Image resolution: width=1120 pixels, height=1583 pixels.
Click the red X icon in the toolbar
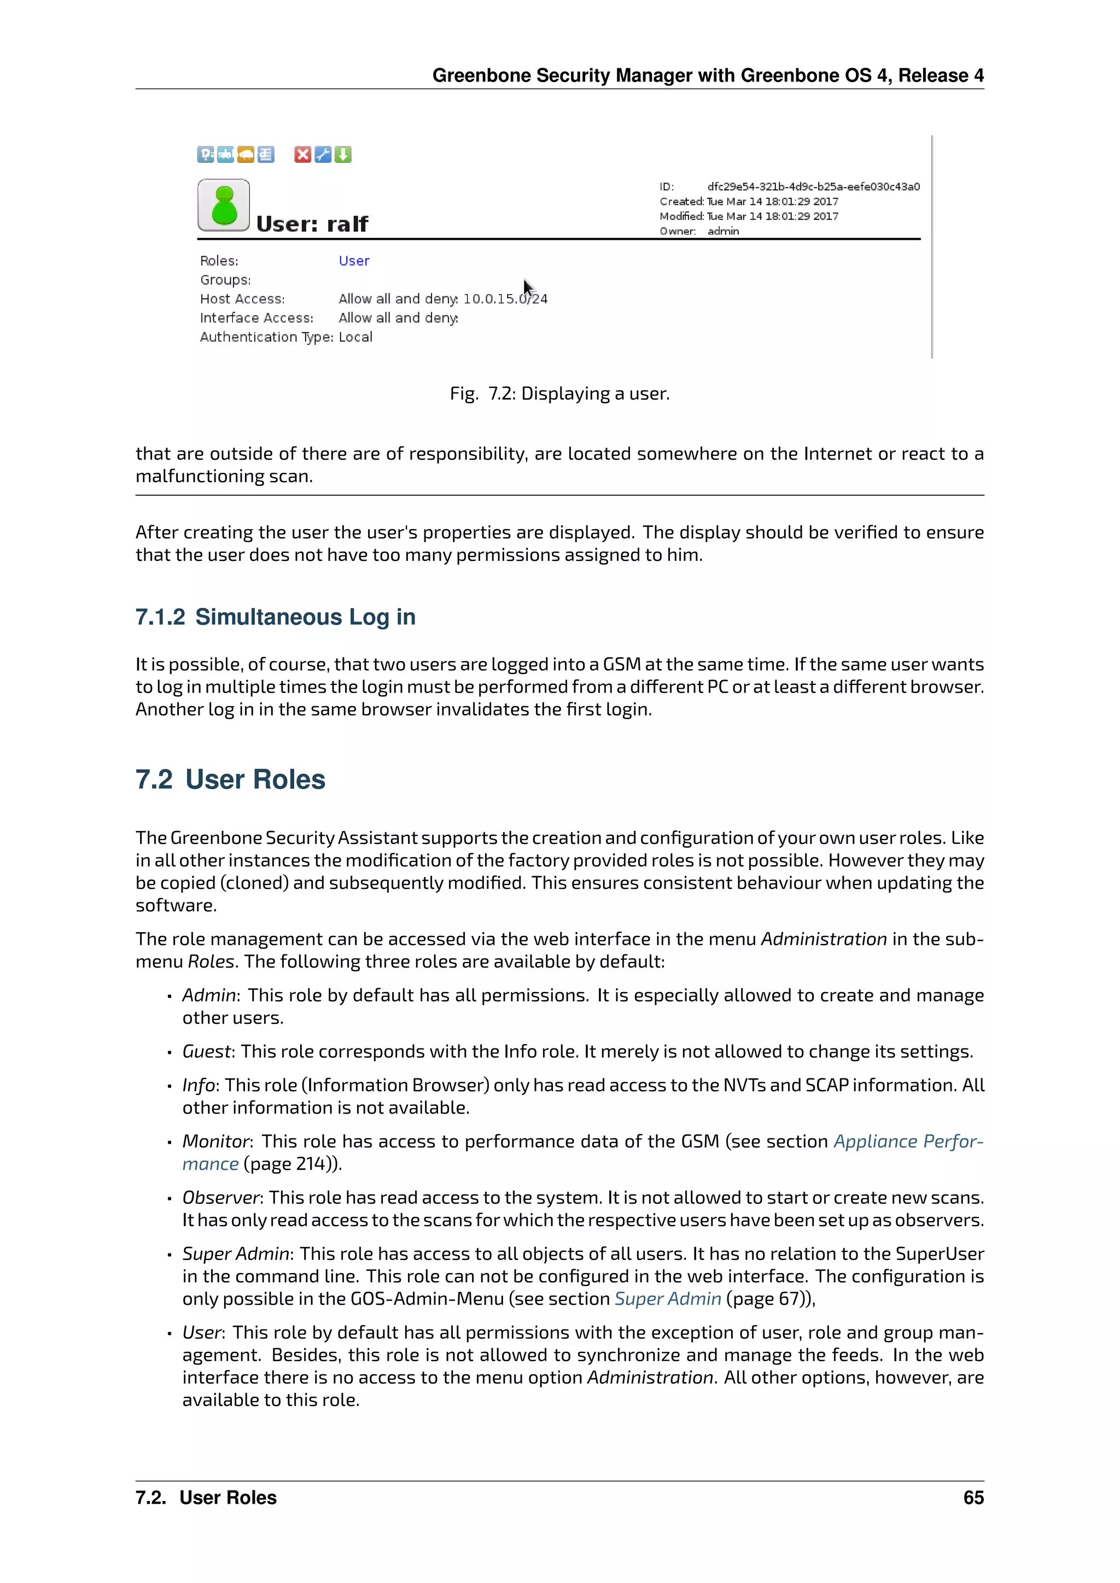pyautogui.click(x=302, y=155)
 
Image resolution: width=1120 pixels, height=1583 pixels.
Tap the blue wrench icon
pyautogui.click(x=323, y=155)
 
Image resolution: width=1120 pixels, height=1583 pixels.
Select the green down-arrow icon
pyautogui.click(x=343, y=155)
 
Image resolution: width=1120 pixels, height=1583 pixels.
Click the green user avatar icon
pyautogui.click(x=224, y=206)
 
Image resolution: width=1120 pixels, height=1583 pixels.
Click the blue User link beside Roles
pyautogui.click(x=354, y=261)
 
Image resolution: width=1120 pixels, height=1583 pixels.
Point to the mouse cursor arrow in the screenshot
pyautogui.click(x=528, y=288)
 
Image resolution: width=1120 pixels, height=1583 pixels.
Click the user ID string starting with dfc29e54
pyautogui.click(x=813, y=187)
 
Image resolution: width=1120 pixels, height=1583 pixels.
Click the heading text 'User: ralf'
pyautogui.click(x=312, y=224)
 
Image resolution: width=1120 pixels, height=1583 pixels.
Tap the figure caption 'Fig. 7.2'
pyautogui.click(x=559, y=394)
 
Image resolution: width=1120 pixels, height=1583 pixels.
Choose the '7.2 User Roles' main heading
pyautogui.click(x=230, y=780)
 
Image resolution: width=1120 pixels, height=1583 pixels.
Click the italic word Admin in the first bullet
pyautogui.click(x=209, y=995)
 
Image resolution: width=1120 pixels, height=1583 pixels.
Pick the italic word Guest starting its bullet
pyautogui.click(x=206, y=1052)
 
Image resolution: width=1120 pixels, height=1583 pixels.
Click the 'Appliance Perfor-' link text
pyautogui.click(x=908, y=1142)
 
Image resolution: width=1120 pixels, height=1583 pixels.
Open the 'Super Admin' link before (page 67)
pyautogui.click(x=668, y=1299)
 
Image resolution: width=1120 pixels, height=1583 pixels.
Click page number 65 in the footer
pyautogui.click(x=973, y=1498)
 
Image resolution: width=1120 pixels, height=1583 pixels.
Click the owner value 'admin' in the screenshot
pyautogui.click(x=723, y=232)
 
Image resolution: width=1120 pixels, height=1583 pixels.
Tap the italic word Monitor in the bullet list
pyautogui.click(x=216, y=1142)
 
